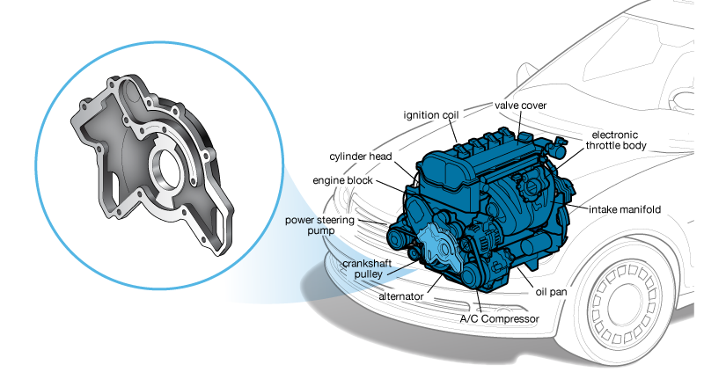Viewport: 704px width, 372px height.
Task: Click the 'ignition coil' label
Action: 431,115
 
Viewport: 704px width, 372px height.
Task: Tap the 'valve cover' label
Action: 520,106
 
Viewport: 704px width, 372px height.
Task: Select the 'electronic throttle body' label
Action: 615,140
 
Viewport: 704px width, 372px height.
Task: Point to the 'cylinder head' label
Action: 361,157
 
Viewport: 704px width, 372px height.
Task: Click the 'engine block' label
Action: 342,180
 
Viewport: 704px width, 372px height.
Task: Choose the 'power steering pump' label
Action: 319,225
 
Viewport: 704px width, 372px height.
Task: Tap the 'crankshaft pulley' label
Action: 367,268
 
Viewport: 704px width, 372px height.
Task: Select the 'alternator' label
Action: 401,296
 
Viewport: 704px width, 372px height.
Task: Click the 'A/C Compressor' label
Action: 499,319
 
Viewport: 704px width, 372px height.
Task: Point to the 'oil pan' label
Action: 551,292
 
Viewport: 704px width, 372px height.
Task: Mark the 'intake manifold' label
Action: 625,209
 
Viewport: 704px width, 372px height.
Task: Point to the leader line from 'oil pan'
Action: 524,277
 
